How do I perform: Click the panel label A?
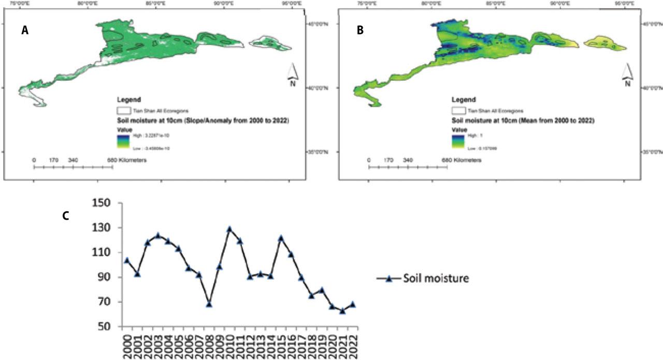tap(24, 31)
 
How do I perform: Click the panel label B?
tap(361, 31)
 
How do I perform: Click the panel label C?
tap(65, 216)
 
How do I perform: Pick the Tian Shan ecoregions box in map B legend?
tap(458, 110)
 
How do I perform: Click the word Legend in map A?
tap(128, 99)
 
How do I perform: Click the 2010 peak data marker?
tap(229, 229)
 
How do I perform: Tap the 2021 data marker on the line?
tap(342, 311)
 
